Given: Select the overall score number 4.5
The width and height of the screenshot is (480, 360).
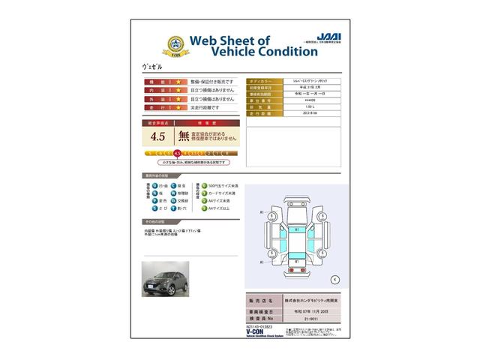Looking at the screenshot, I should [158, 136].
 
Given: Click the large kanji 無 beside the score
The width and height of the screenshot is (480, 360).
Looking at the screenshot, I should [184, 136].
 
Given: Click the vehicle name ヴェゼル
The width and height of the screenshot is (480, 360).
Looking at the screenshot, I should [151, 66].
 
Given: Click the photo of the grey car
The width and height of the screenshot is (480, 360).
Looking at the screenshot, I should [166, 278].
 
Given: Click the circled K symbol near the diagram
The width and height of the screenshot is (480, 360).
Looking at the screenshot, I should [334, 279].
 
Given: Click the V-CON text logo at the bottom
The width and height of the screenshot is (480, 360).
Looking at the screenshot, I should [155, 332].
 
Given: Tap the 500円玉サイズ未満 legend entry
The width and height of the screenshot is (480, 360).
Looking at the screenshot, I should [217, 184].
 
